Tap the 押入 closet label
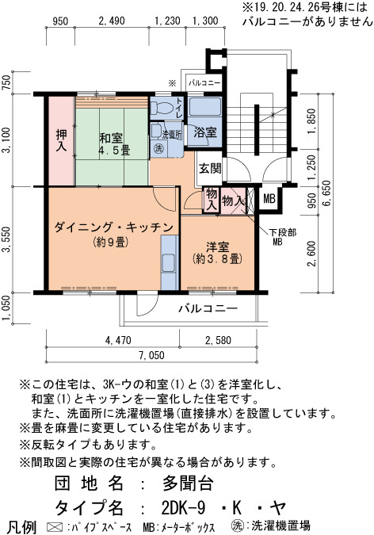click(x=61, y=140)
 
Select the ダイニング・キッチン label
click(x=113, y=227)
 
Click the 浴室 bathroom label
click(x=205, y=132)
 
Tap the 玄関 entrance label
click(x=210, y=168)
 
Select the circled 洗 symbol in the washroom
click(x=158, y=148)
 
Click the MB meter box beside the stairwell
click(x=269, y=199)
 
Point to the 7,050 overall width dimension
click(x=151, y=355)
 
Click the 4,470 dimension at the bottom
click(x=118, y=340)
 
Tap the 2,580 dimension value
click(x=218, y=340)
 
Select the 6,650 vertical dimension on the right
click(x=326, y=192)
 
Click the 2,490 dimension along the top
click(x=112, y=21)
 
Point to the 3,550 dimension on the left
click(x=7, y=240)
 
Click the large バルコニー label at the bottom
click(x=208, y=309)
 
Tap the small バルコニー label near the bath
click(x=204, y=83)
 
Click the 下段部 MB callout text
click(x=282, y=237)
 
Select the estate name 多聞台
click(x=188, y=483)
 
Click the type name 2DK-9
click(x=183, y=508)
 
